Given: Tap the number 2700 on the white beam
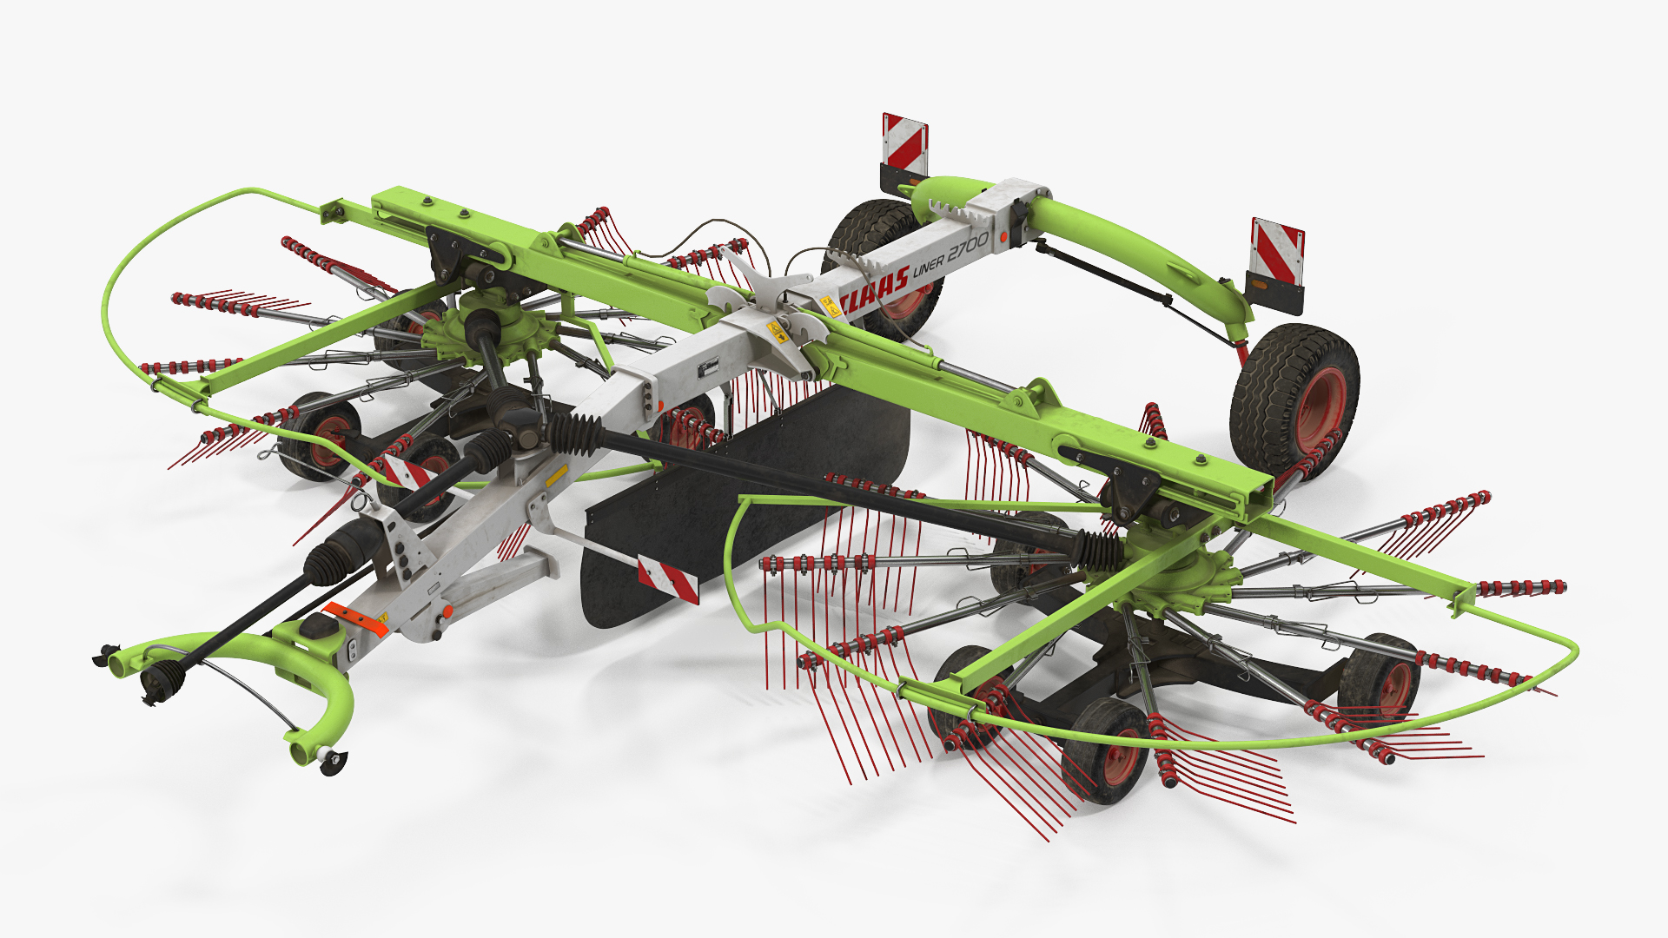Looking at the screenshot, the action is [x=967, y=247].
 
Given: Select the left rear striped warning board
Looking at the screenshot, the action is [x=905, y=142].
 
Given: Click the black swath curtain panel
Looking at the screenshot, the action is [x=747, y=504].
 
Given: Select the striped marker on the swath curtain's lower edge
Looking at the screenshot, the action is [x=668, y=578].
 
